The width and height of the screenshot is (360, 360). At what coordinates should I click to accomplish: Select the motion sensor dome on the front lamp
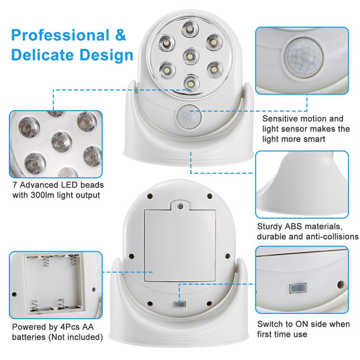(187, 117)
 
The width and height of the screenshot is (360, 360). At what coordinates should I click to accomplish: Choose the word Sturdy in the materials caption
(271, 226)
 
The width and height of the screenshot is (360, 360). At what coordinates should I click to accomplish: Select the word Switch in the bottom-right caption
(272, 324)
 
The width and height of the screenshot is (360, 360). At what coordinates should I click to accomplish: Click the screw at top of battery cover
(181, 207)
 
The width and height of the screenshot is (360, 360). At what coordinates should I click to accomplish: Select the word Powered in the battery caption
(30, 327)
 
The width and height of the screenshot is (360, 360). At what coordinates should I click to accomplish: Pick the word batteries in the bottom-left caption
(30, 337)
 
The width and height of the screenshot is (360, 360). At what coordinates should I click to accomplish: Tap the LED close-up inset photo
(56, 144)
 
